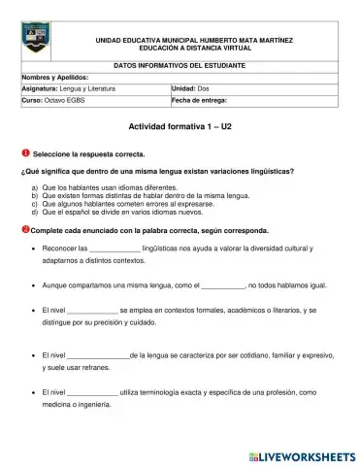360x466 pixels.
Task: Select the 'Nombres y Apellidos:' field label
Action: (54, 76)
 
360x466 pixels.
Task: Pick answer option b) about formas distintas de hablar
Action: (146, 194)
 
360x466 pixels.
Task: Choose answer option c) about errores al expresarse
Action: (136, 203)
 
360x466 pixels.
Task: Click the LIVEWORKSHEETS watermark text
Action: (302, 453)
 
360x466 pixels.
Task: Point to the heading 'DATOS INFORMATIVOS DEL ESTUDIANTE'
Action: (180, 64)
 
